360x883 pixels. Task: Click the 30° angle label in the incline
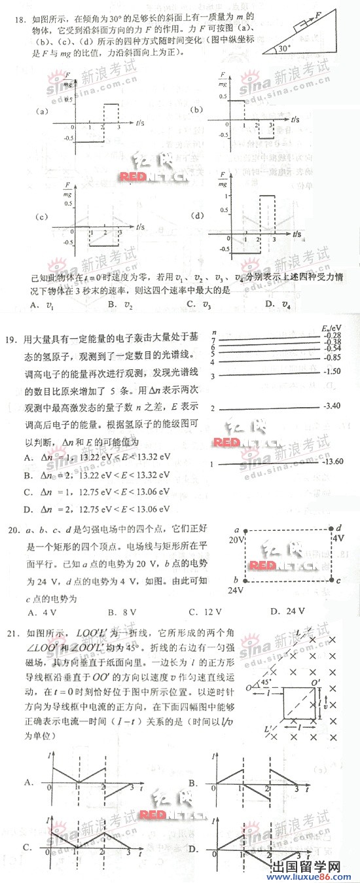[x=284, y=48]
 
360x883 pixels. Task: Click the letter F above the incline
[x=317, y=12]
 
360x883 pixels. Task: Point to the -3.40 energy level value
[x=332, y=406]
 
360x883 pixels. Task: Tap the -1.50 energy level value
[x=332, y=371]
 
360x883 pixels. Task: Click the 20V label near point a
[x=236, y=522]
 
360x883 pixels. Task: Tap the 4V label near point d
[x=338, y=518]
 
